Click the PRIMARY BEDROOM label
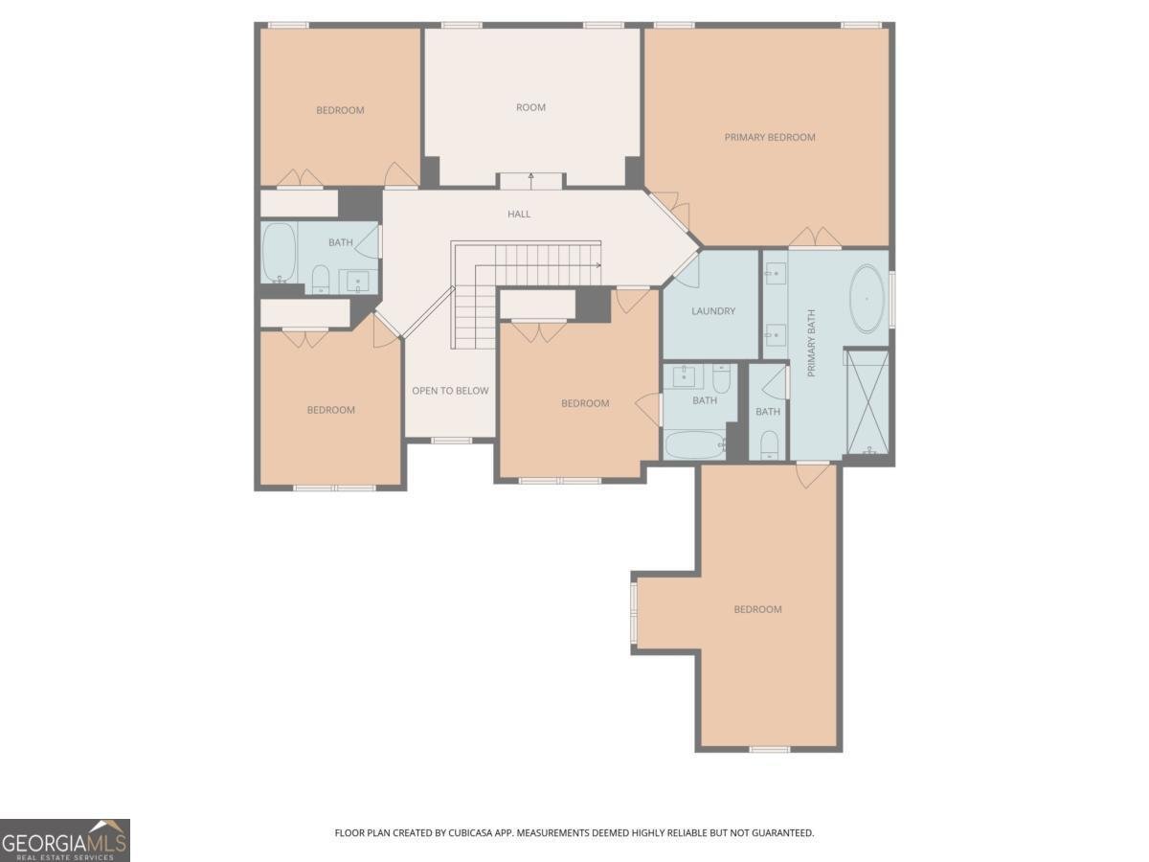770,137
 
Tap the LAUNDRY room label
713,311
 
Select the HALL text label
519,214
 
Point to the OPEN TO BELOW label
450,391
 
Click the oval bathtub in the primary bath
867,299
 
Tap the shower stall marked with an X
867,402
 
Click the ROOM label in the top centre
530,107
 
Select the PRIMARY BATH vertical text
811,343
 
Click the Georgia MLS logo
65,841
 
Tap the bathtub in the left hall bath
279,253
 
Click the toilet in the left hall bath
321,279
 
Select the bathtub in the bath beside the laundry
694,444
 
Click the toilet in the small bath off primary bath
769,444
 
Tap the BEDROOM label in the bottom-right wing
757,609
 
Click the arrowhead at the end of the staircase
598,265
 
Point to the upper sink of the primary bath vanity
776,274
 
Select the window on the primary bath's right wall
891,299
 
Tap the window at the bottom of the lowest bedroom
769,750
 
